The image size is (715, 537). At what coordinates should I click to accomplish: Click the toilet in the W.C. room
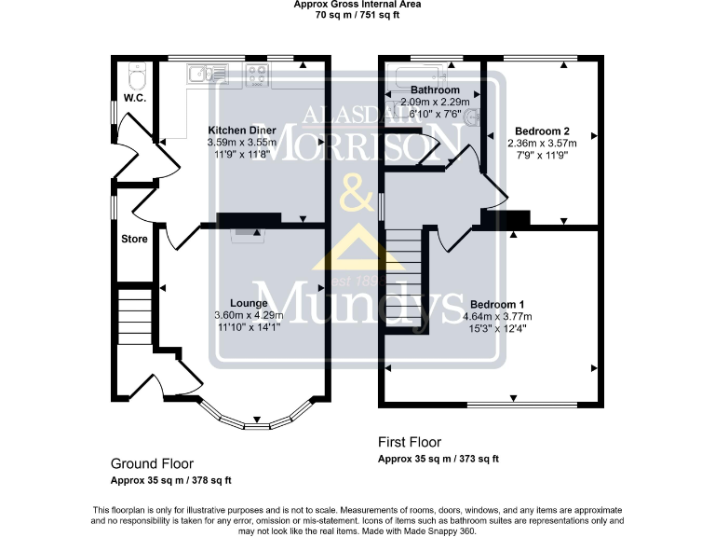137,76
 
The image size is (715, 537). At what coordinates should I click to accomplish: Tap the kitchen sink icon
208,74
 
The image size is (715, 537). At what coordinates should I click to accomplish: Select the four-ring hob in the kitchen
257,76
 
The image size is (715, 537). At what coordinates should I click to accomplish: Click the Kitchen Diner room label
242,131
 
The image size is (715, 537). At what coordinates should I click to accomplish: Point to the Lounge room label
249,303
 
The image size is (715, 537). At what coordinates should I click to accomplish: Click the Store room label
134,239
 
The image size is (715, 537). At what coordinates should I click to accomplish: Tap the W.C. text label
135,98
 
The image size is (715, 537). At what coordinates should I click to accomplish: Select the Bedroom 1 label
497,305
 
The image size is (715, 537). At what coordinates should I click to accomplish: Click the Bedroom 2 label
542,131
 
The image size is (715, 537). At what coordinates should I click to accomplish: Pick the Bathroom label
435,89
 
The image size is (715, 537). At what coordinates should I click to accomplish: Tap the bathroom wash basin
472,117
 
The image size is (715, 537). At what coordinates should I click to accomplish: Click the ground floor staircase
134,317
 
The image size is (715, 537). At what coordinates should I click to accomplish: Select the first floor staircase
403,279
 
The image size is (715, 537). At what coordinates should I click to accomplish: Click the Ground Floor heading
153,464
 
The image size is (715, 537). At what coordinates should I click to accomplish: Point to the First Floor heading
410,442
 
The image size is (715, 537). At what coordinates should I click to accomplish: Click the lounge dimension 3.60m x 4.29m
249,315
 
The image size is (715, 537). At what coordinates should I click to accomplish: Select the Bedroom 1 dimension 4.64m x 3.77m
497,316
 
